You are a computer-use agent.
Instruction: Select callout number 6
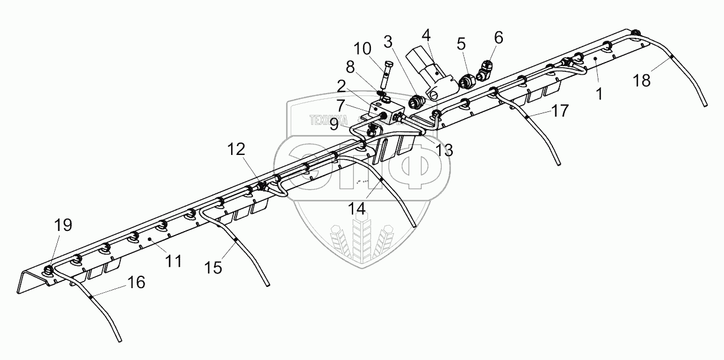pyautogui.click(x=499, y=38)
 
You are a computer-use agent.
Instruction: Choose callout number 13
pyautogui.click(x=445, y=150)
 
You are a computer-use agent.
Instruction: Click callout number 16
pyautogui.click(x=136, y=283)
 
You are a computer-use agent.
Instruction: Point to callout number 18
pyautogui.click(x=642, y=81)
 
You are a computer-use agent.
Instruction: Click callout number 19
pyautogui.click(x=63, y=224)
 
